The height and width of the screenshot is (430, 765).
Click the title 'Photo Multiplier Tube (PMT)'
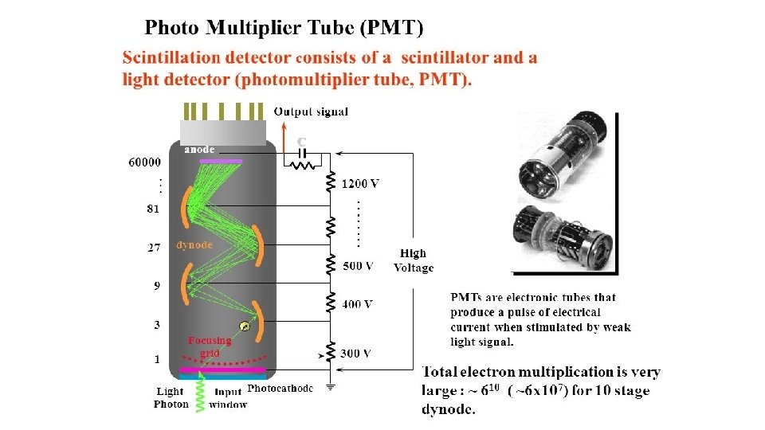tap(284, 29)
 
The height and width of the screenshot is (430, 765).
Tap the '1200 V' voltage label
tap(360, 184)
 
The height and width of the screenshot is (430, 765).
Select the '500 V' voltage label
tap(357, 265)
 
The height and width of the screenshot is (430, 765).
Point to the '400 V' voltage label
tap(357, 303)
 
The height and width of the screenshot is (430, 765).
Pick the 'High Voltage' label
tap(414, 260)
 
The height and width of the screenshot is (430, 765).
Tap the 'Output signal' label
tap(311, 111)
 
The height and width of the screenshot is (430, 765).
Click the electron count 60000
tap(144, 162)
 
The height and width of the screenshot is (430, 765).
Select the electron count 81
tap(153, 209)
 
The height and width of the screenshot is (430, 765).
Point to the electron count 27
tap(154, 248)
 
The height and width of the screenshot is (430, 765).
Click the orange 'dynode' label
tap(194, 245)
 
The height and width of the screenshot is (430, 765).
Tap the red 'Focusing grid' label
tap(210, 346)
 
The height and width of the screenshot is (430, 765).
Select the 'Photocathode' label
tap(280, 389)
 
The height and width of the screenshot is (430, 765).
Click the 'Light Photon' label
tap(170, 397)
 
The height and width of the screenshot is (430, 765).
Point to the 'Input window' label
tap(228, 397)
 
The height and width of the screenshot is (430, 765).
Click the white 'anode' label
tap(199, 149)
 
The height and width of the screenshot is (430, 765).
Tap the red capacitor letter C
tap(301, 142)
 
